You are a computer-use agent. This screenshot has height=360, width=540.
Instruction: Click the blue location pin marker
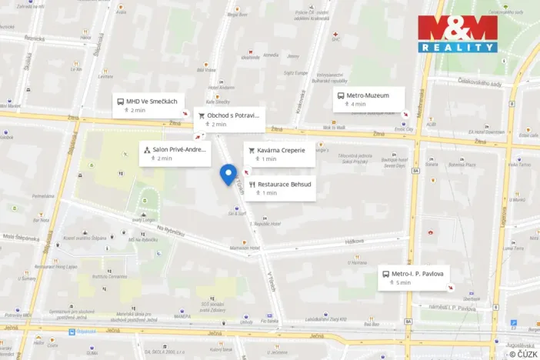point(228,175)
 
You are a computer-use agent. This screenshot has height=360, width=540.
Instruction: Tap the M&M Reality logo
point(457,33)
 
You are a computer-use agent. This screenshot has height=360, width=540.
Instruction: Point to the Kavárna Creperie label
point(281,150)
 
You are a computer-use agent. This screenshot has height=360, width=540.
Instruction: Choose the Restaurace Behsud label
point(284,185)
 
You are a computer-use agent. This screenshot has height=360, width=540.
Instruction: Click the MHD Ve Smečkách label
point(152,102)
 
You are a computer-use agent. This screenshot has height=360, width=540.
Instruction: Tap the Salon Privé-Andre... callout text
point(179,149)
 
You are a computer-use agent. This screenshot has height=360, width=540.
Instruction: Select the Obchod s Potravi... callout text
point(233,115)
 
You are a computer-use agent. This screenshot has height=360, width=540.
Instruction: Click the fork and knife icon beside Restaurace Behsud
point(252,185)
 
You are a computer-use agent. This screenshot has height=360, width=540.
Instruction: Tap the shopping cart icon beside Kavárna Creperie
point(251,150)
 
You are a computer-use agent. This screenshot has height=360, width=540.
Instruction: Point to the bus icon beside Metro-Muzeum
point(339,95)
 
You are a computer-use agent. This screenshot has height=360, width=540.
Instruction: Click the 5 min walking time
point(404,282)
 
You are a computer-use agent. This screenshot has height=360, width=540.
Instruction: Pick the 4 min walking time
point(358,104)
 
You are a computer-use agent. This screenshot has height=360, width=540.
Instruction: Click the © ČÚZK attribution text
point(523,353)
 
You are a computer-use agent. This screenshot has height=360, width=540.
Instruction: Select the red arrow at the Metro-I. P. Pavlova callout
point(450,288)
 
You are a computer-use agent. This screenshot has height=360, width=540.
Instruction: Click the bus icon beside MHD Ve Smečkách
point(120,102)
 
